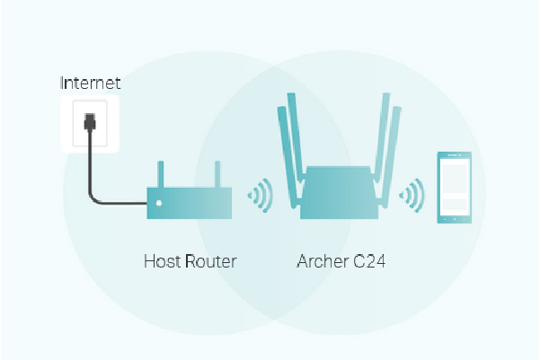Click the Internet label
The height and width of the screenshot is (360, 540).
pos(90,83)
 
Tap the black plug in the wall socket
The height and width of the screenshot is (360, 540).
pos(90,121)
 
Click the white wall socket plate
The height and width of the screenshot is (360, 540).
pos(90,123)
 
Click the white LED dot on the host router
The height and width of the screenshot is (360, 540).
pos(159,203)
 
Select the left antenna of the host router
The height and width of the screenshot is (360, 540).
pos(161,174)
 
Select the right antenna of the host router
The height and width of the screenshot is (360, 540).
pos(217,174)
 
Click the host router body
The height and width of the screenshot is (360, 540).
pos(190,203)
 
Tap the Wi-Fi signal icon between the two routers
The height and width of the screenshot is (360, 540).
pos(261,195)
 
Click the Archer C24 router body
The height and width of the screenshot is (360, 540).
pos(340,192)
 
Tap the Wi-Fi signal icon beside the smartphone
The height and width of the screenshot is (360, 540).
pos(412,195)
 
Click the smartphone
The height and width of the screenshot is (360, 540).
pos(455,188)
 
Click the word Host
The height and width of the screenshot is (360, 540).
pos(162,261)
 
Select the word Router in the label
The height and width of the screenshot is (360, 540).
pos(211,261)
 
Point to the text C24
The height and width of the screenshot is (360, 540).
pos(369,261)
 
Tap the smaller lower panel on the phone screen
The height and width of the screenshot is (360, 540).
pos(455,205)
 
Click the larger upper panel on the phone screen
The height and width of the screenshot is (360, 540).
pos(455,179)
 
